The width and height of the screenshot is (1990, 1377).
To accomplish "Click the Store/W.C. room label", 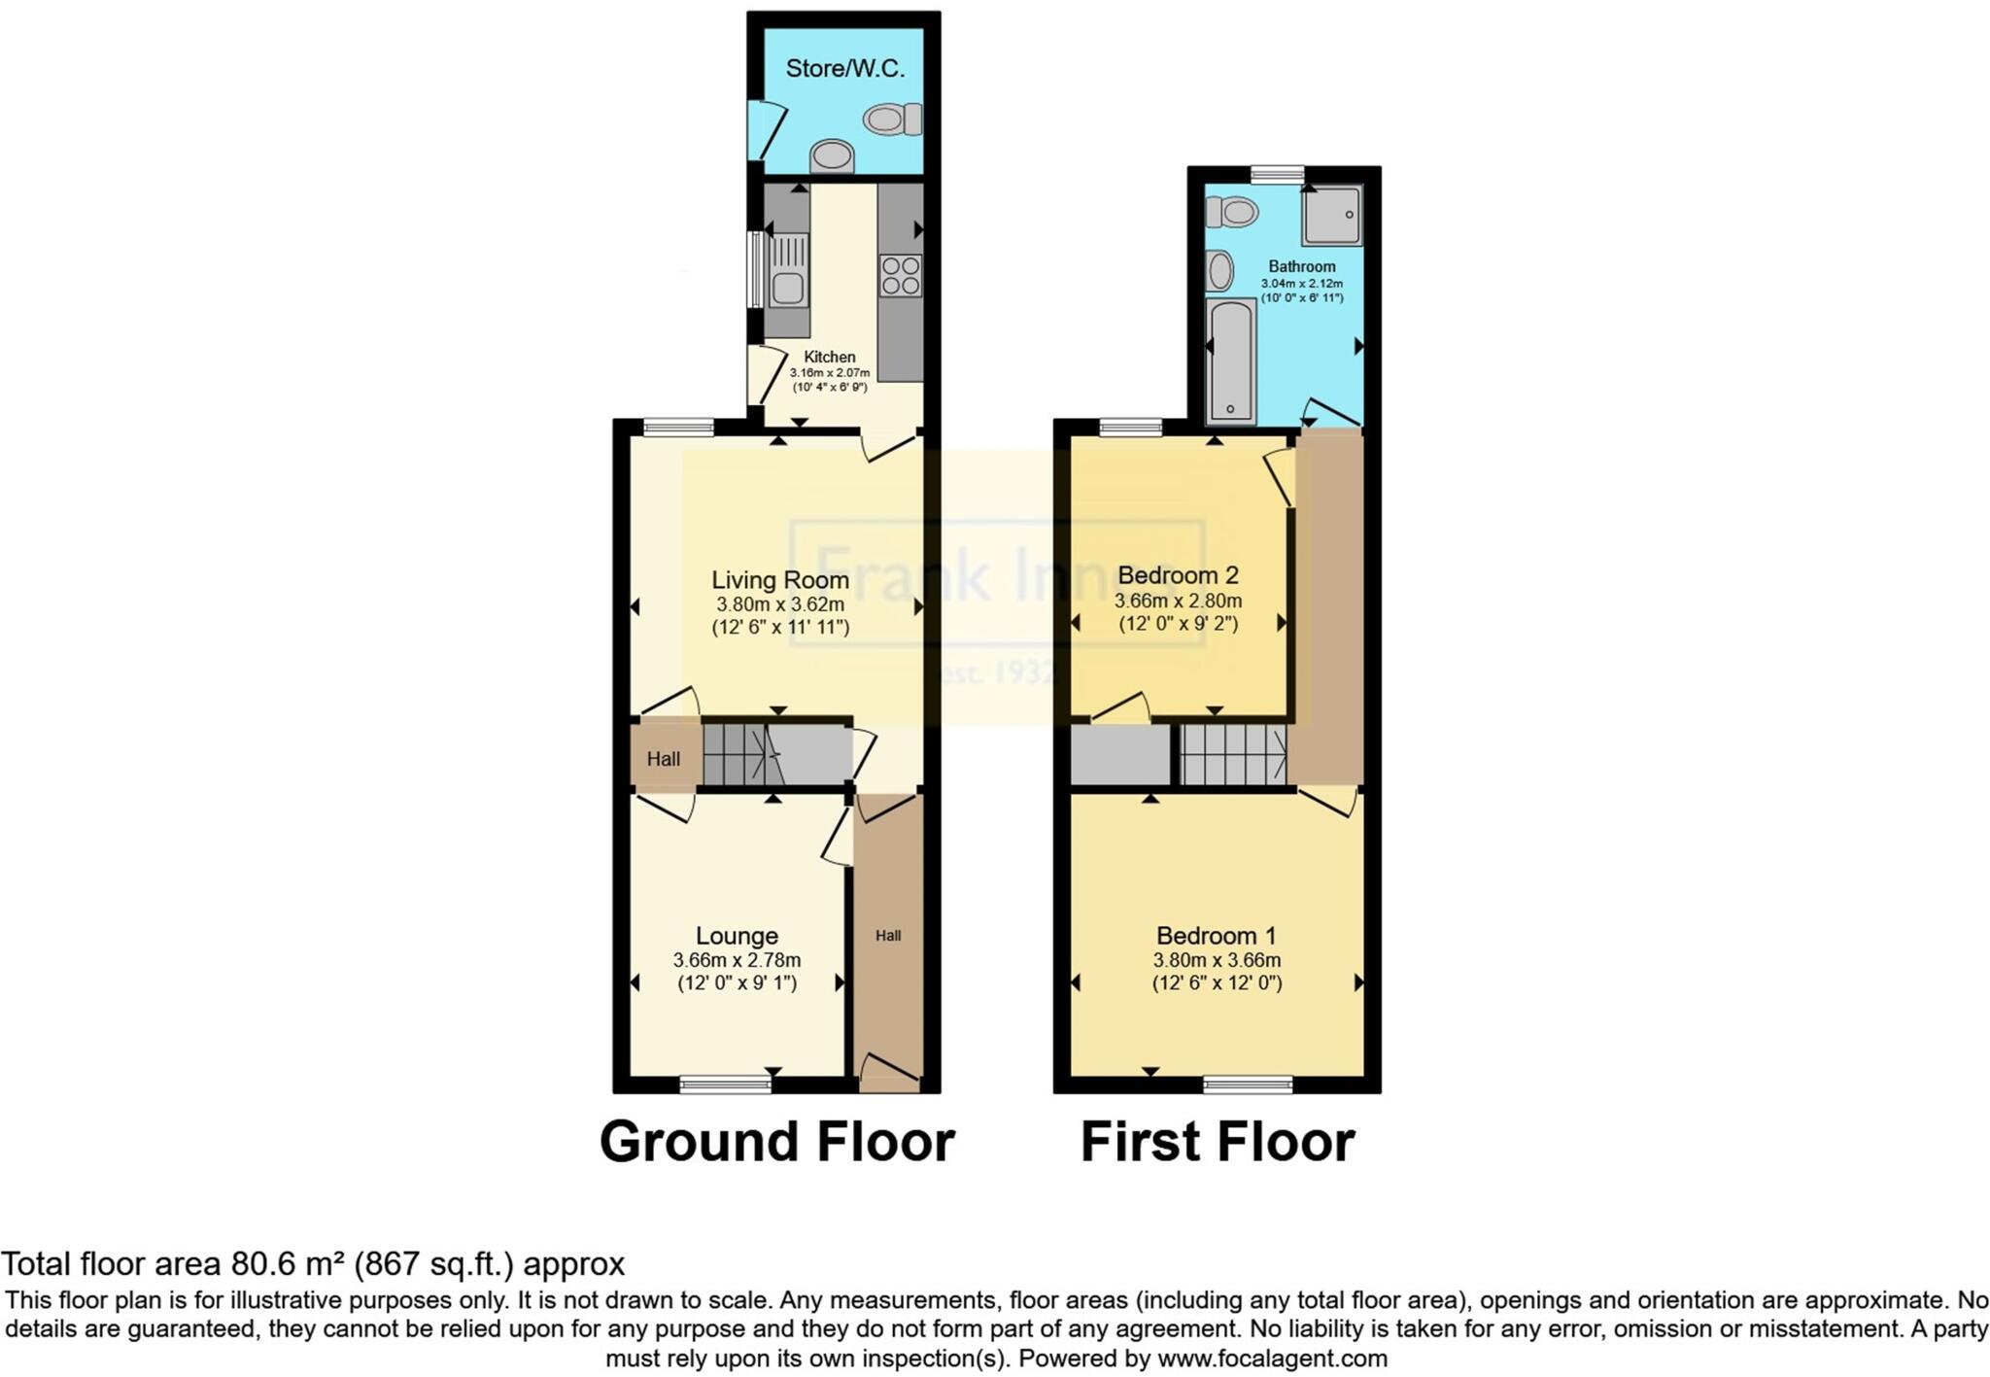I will [844, 69].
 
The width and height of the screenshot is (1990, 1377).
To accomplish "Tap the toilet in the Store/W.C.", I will [891, 120].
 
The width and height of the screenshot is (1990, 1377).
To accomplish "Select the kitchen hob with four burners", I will [900, 274].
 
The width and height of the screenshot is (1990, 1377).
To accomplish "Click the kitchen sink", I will [787, 287].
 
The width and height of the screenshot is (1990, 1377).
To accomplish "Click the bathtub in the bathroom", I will [1230, 361].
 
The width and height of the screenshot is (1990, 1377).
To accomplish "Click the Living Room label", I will [780, 580].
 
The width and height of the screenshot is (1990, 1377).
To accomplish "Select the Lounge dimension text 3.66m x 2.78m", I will [737, 960].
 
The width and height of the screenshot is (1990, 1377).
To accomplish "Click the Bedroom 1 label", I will [1216, 936].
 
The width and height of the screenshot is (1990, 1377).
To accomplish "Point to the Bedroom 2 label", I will [1178, 575].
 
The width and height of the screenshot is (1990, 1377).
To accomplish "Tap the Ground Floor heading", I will [776, 1142].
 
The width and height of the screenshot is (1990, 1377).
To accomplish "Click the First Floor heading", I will [1217, 1142].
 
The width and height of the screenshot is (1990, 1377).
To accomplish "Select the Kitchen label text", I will [830, 357].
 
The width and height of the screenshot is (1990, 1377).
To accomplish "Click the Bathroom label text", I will [1301, 266].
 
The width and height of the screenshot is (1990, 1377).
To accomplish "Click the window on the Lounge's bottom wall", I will [725, 1084].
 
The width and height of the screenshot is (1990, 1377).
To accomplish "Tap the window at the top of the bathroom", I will [1277, 173].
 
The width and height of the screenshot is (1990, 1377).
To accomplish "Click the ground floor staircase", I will [744, 755].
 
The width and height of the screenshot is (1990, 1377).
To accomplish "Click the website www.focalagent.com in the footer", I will [1272, 1358].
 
